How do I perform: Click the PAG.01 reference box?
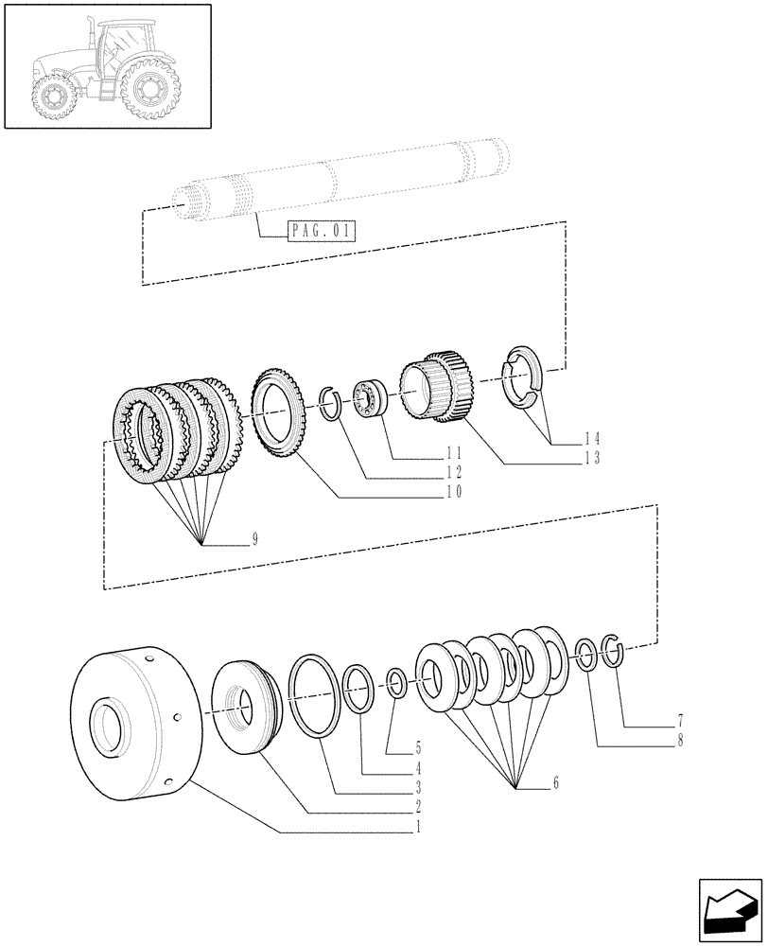point(319,230)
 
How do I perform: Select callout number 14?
point(593,438)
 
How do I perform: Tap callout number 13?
point(593,457)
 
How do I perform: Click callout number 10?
point(456,493)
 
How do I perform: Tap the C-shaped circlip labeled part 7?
point(614,651)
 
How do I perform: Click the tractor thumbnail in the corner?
point(107,65)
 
